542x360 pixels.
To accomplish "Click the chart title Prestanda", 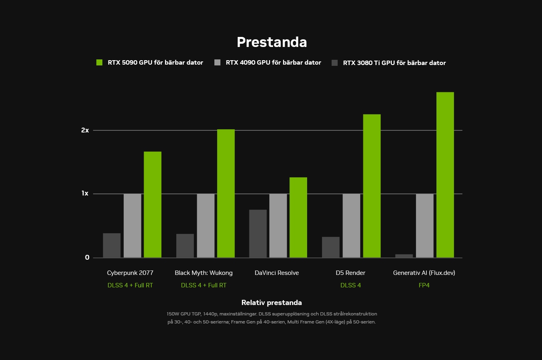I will coord(272,42).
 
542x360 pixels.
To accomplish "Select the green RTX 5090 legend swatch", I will coord(100,62).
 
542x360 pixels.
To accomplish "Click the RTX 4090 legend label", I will coord(273,63).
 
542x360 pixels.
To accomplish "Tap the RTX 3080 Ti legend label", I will coord(394,63).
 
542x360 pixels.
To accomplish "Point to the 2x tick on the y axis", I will coord(85,130).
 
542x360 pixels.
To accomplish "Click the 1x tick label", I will coord(85,193).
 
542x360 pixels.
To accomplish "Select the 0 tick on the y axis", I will coord(87,258).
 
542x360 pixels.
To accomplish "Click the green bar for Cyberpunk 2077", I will coord(153,205).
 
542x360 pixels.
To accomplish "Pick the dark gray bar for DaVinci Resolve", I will coord(258,234).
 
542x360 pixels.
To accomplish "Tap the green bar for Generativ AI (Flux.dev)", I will coord(445,175).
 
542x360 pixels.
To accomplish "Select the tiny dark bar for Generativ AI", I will coord(404,256).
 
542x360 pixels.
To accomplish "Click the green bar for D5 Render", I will coord(372,186).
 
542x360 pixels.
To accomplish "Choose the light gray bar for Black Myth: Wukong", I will coord(206,226).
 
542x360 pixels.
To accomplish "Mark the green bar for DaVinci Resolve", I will coord(298,218).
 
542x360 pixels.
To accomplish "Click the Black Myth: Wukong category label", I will coord(204,273).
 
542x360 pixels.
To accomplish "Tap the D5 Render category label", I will coord(350,273).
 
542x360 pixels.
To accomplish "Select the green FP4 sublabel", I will coord(424,285).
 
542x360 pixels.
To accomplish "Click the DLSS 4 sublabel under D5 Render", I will coord(350,285).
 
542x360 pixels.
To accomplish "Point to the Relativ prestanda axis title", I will coord(271,303).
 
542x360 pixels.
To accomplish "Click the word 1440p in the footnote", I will coord(210,314).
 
